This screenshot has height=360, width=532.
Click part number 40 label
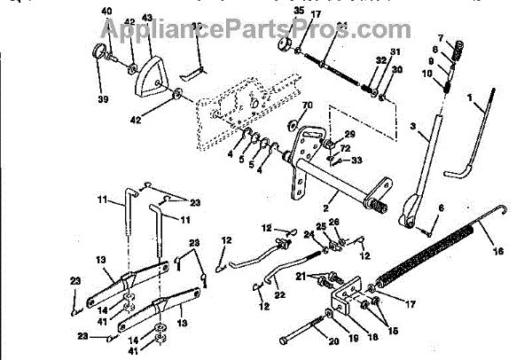106,11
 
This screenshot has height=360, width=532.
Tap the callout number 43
146,19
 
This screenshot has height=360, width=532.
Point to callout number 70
308,106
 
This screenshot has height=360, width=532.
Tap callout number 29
349,134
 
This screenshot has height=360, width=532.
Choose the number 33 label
356,160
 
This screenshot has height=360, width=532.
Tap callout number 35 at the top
298,11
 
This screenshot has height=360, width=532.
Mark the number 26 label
334,222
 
